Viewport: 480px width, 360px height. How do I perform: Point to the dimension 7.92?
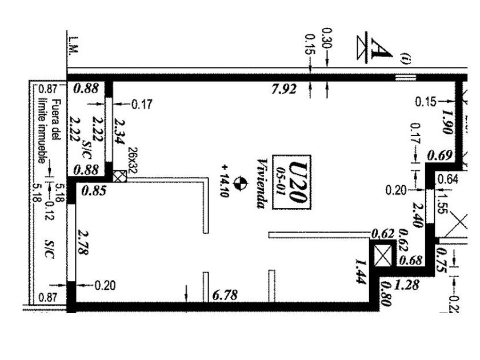283,89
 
